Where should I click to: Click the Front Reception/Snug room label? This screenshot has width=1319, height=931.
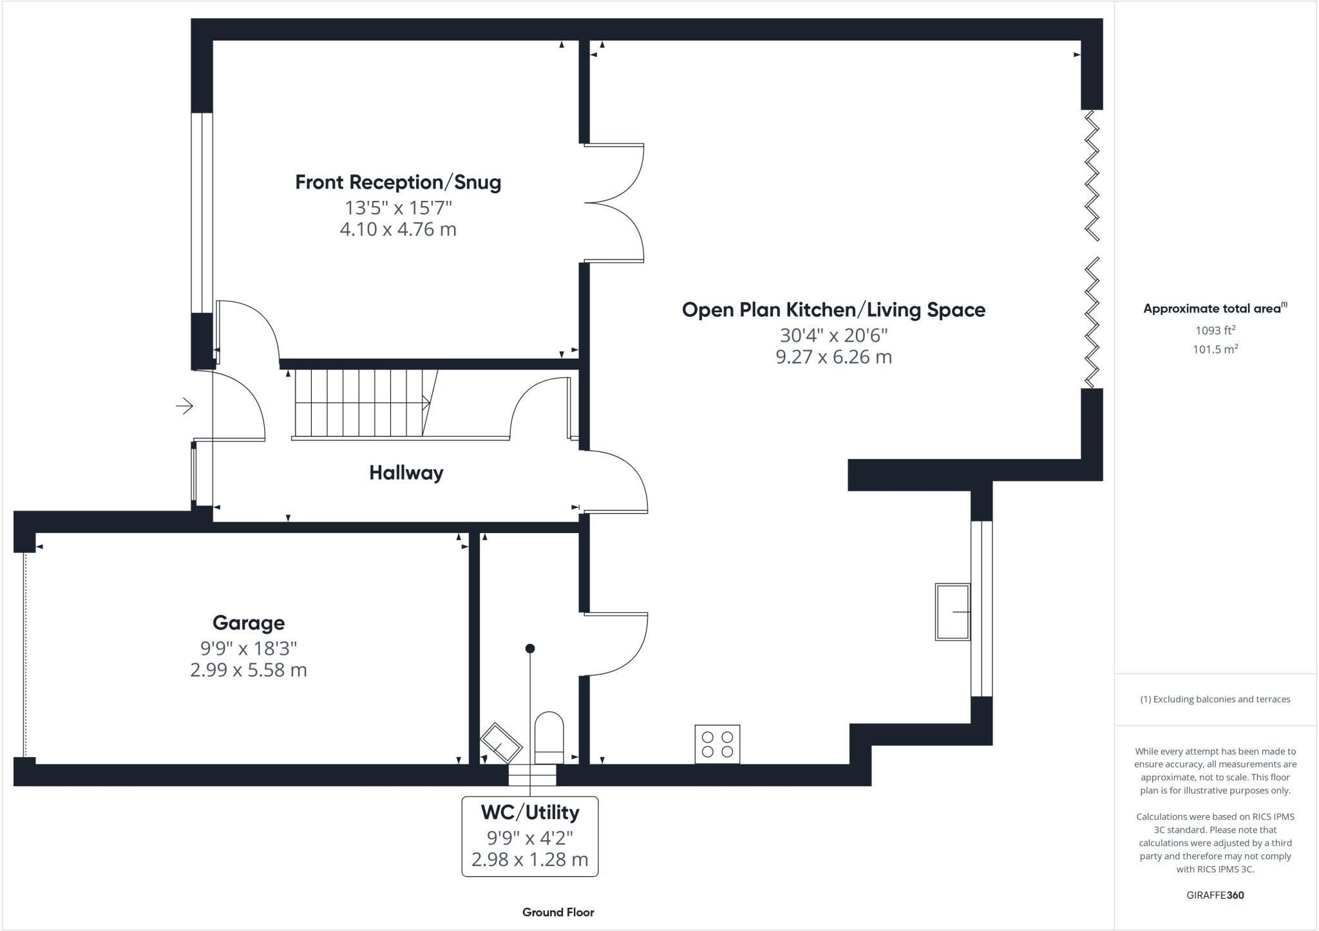tap(398, 182)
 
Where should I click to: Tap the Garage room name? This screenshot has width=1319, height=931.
tap(249, 623)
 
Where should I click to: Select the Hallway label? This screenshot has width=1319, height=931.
tap(406, 473)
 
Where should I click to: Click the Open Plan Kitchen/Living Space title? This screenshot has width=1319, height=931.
tap(833, 310)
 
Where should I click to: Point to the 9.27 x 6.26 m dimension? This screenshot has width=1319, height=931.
tap(833, 357)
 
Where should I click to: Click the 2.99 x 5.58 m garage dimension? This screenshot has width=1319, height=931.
tap(249, 670)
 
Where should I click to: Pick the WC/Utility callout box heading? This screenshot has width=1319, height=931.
tap(529, 813)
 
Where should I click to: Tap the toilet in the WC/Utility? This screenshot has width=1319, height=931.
tap(549, 738)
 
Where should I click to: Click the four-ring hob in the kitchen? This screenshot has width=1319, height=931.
tap(717, 744)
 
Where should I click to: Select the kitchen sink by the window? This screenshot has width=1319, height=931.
tap(953, 612)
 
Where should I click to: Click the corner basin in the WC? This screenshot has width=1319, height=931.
tap(501, 744)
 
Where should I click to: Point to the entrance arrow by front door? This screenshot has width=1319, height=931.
tap(185, 406)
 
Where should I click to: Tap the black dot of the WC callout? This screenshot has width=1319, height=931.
tap(530, 648)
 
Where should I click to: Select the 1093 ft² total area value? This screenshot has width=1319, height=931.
tap(1215, 330)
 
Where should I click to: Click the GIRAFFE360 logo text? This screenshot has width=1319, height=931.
tap(1215, 895)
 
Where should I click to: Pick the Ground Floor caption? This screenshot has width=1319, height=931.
tap(558, 912)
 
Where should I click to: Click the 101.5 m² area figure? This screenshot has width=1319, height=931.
tap(1215, 350)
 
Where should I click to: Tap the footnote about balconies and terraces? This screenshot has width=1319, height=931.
tap(1215, 699)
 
